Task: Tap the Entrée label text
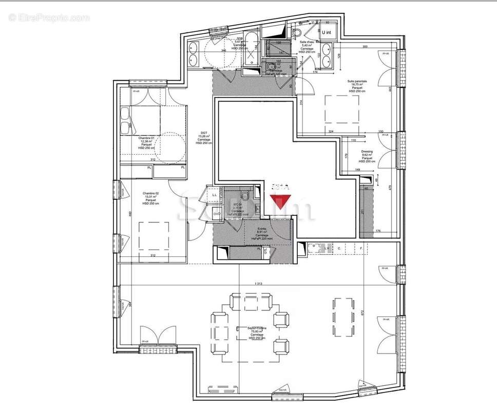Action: click(262, 232)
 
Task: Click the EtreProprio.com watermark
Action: click(49, 18)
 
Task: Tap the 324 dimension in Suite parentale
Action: click(331, 133)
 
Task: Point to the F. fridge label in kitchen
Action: click(361, 249)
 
